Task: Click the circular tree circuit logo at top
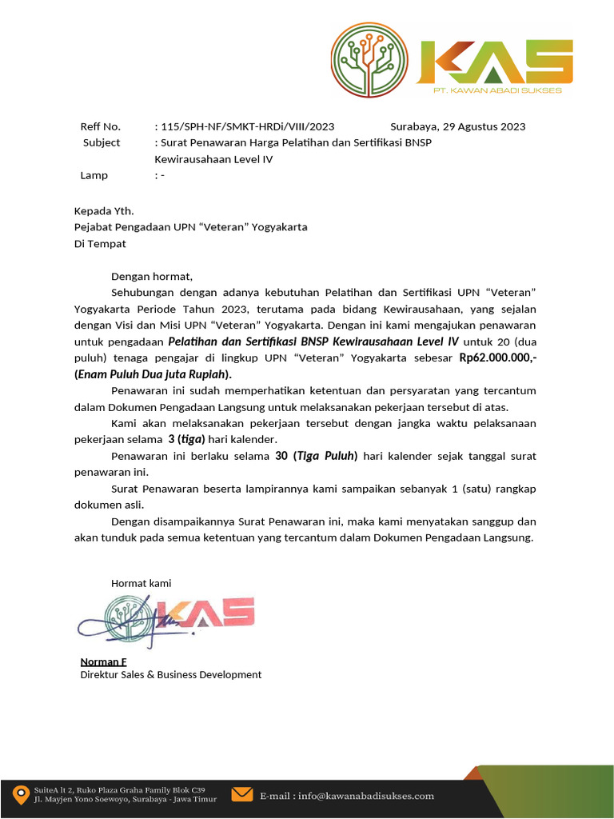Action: click(x=369, y=61)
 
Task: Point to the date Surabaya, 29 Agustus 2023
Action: click(x=457, y=126)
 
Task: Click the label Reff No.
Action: click(x=100, y=126)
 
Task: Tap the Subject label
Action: click(x=102, y=142)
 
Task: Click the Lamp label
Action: click(x=94, y=175)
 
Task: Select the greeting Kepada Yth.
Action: click(x=104, y=211)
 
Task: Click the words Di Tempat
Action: click(x=100, y=244)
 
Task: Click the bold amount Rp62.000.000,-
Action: click(x=497, y=358)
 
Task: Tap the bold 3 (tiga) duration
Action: click(x=186, y=439)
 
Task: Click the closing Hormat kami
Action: click(x=141, y=583)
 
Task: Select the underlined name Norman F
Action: click(x=103, y=661)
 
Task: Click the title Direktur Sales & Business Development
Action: click(x=170, y=674)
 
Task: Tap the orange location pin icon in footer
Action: click(x=20, y=795)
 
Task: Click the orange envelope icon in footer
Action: click(x=241, y=794)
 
